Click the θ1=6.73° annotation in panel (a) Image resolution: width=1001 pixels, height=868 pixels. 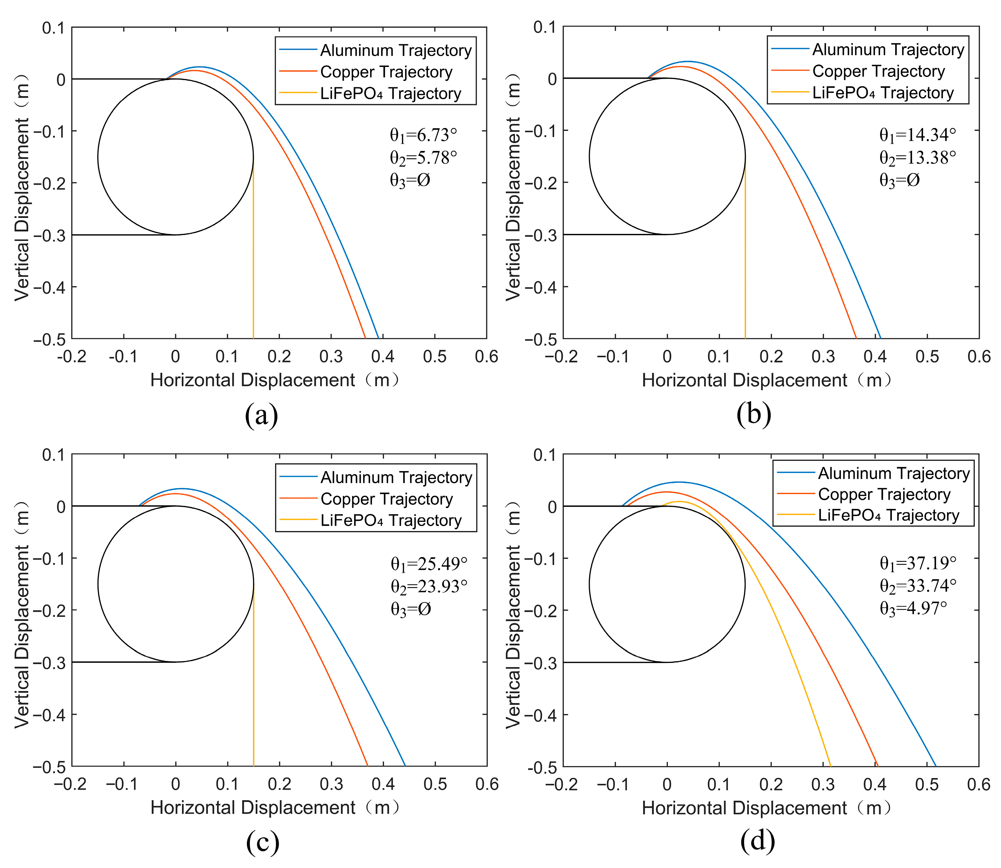click(x=423, y=135)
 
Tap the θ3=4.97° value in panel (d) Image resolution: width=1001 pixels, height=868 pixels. click(x=913, y=608)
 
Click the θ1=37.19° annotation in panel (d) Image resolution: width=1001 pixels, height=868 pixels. click(x=918, y=563)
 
